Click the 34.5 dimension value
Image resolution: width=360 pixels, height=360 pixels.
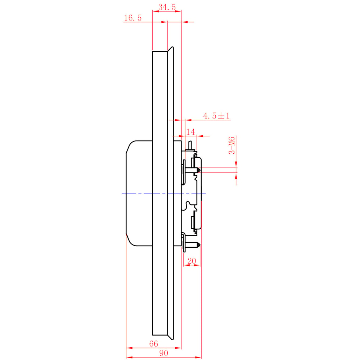coord(167,7)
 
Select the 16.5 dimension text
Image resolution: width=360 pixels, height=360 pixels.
coord(133,18)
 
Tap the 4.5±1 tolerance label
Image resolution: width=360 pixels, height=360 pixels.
coord(216,116)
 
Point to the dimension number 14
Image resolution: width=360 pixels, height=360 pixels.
coord(190,132)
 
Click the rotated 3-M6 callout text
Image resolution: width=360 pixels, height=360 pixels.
coord(232,145)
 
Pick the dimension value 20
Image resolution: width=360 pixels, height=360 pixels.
coord(192,261)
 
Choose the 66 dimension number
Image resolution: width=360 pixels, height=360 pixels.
coord(154,343)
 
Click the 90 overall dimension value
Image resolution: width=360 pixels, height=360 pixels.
coord(164,353)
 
